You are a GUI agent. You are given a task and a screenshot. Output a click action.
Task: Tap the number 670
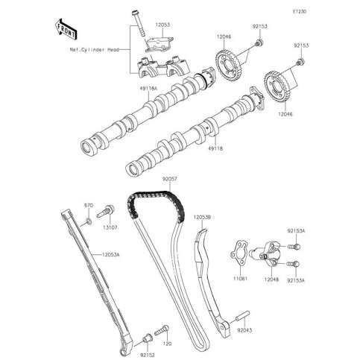87,204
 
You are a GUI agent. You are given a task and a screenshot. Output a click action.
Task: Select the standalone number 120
166,345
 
